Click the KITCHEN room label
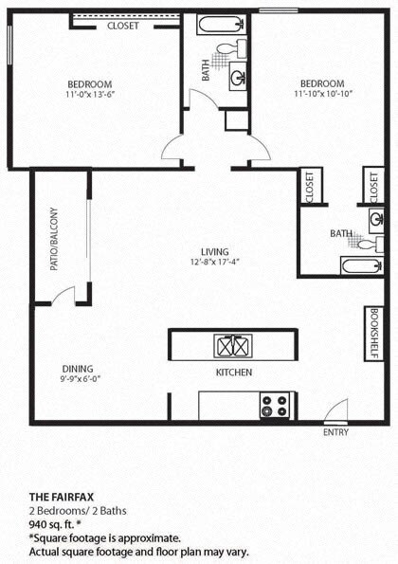coord(234,373)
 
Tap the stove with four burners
coord(275,406)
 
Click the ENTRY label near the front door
coord(335,433)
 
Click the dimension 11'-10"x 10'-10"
coord(322,95)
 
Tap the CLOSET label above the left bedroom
coord(122,26)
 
